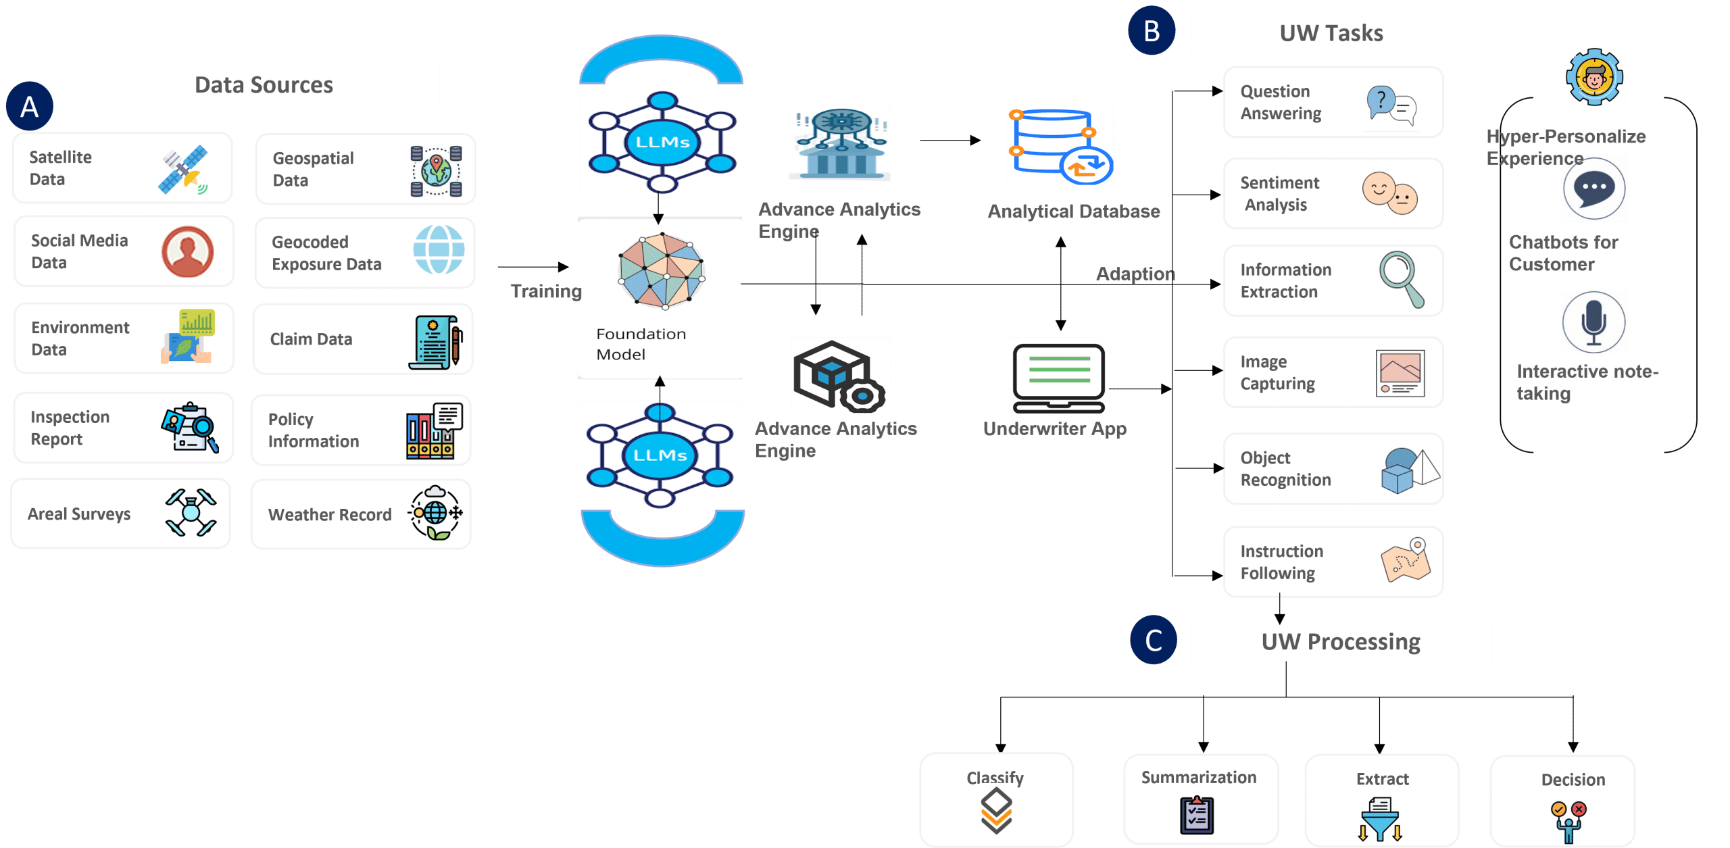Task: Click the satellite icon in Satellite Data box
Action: coord(182,169)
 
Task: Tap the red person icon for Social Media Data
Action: coord(188,251)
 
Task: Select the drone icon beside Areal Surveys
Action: coord(191,513)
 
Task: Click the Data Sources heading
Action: coord(264,84)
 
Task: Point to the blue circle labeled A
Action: coord(30,106)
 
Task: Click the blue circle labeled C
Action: coord(1154,640)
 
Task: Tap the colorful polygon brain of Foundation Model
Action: coord(662,271)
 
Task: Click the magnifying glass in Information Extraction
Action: coord(1401,278)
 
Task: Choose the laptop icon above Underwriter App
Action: coord(1058,376)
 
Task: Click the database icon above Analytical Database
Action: coord(1059,145)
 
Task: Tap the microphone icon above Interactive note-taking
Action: coord(1594,322)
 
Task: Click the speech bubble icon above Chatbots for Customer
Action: coord(1594,189)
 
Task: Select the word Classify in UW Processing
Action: coord(995,778)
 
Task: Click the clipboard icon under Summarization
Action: coord(1197,815)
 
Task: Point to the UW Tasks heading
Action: coord(1331,33)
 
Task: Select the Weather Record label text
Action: coord(330,515)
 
